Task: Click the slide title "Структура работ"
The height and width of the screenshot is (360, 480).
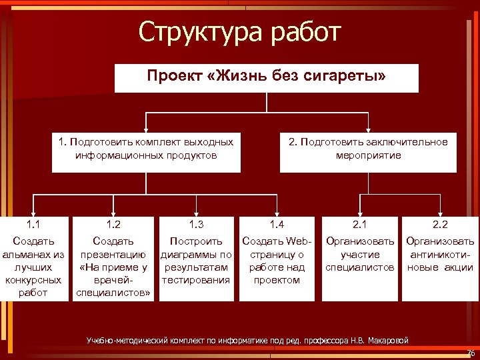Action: click(x=239, y=32)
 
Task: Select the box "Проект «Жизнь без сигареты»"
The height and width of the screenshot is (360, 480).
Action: click(x=266, y=77)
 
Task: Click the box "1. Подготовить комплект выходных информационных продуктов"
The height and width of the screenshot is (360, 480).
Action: click(x=146, y=149)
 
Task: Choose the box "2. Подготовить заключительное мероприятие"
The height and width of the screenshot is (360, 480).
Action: click(x=368, y=149)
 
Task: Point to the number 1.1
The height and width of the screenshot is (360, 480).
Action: click(x=34, y=225)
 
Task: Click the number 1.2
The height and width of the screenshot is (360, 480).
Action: click(x=113, y=225)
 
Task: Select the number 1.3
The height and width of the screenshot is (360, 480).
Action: click(x=196, y=225)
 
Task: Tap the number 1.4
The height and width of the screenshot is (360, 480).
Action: click(x=277, y=225)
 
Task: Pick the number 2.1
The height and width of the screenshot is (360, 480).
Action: click(x=360, y=225)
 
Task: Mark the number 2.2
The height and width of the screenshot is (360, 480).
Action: click(x=440, y=225)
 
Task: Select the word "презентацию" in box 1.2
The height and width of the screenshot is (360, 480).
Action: click(x=113, y=254)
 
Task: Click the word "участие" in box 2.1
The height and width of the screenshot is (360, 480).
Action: click(x=360, y=254)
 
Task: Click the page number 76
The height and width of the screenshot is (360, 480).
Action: click(x=471, y=353)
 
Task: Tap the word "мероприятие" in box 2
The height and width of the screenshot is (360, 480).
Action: click(x=368, y=155)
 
